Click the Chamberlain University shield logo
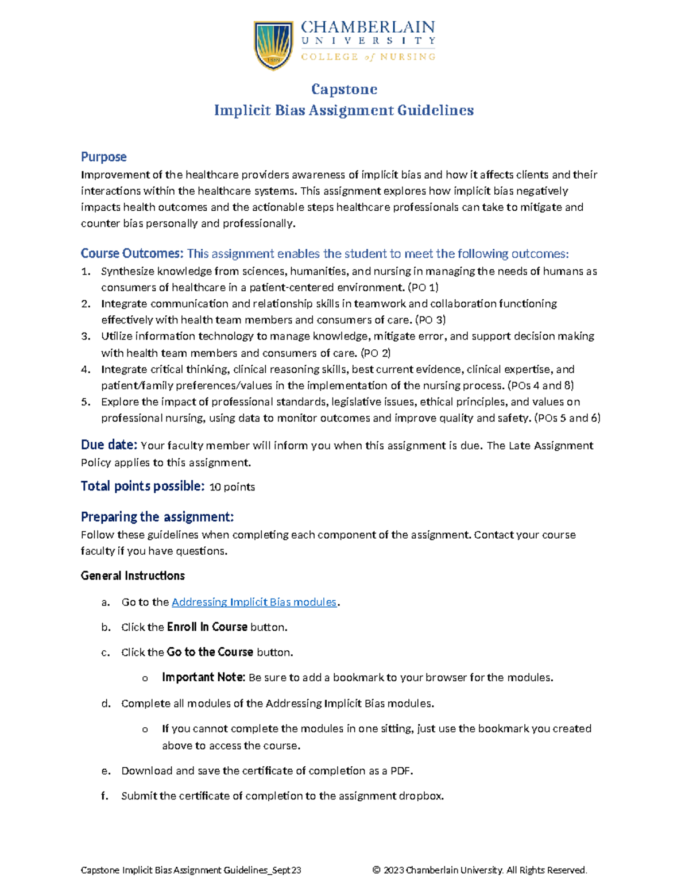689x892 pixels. click(x=273, y=45)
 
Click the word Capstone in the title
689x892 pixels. click(x=344, y=89)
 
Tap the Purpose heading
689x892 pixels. click(x=103, y=157)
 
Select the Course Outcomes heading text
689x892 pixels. click(x=131, y=253)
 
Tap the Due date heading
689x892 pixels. click(x=109, y=445)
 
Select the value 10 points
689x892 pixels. click(x=232, y=487)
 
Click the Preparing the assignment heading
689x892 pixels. click(x=157, y=516)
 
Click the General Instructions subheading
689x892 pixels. click(x=133, y=576)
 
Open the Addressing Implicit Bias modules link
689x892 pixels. click(x=254, y=602)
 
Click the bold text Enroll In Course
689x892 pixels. click(x=207, y=627)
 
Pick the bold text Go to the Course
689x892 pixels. click(x=210, y=652)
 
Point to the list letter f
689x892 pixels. click(x=104, y=796)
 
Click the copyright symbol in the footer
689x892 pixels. click(x=376, y=870)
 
